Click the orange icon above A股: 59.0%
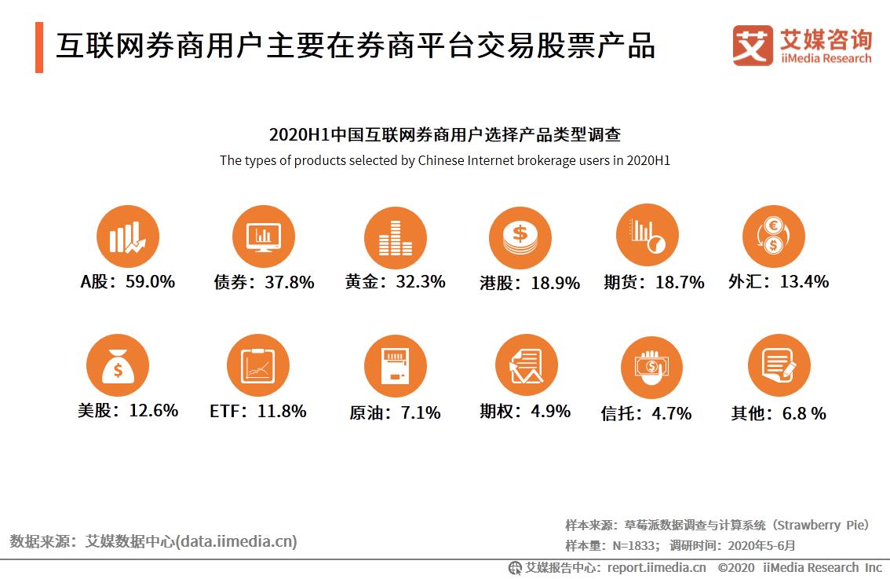click(x=127, y=236)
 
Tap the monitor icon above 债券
click(x=264, y=236)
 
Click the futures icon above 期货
click(x=647, y=236)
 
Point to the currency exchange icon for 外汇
click(x=773, y=236)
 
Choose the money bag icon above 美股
click(x=118, y=365)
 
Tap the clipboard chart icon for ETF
click(x=258, y=365)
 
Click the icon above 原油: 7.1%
click(x=395, y=365)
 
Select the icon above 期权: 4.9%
click(x=526, y=365)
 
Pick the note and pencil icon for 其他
click(x=778, y=365)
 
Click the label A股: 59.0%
click(x=127, y=281)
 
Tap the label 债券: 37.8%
click(x=264, y=282)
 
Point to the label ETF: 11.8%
click(x=257, y=411)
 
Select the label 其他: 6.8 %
click(x=778, y=413)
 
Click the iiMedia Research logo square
click(x=752, y=45)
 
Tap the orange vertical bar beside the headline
click(x=39, y=47)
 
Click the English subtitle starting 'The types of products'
click(x=445, y=160)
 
